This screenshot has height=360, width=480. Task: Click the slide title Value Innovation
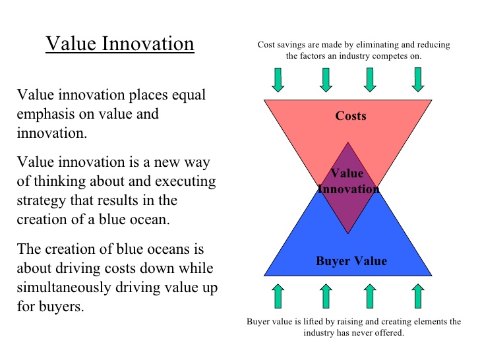click(119, 44)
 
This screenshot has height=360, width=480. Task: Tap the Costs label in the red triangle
click(351, 116)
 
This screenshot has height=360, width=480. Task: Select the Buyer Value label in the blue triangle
click(351, 260)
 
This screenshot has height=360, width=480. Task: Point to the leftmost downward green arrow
click(278, 79)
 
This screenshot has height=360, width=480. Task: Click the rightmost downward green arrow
click(417, 79)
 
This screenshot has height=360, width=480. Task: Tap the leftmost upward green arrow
click(278, 297)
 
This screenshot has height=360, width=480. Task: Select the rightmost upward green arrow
click(417, 297)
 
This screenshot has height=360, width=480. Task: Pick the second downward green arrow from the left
click(325, 79)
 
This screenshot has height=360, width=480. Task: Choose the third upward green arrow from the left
click(371, 297)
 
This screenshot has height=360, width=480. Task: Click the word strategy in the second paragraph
click(41, 200)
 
